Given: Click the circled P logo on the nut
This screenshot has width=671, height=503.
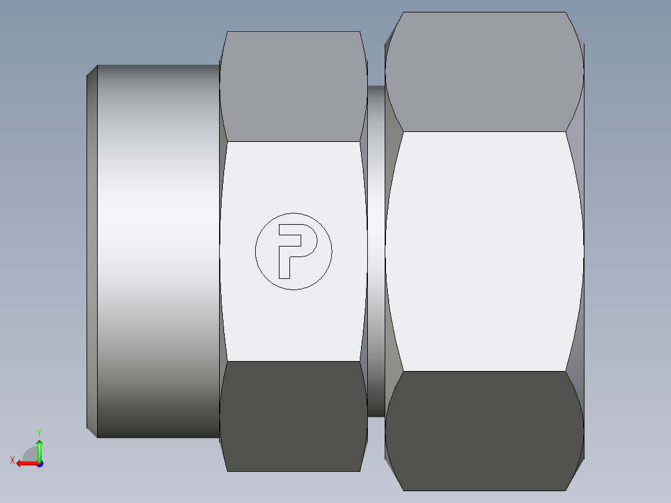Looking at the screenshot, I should [x=293, y=251].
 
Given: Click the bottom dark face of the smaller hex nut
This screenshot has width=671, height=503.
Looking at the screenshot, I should [x=293, y=416].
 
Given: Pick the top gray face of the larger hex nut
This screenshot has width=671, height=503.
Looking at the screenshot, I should [x=484, y=72].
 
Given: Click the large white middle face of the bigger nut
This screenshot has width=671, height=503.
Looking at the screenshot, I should [x=484, y=251].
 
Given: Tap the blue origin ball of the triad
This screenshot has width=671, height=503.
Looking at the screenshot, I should [x=39, y=463].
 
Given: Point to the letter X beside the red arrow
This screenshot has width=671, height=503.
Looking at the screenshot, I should [x=12, y=460].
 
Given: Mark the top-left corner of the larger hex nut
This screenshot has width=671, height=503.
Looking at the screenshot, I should [x=404, y=12].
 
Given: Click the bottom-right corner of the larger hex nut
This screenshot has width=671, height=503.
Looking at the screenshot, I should [x=584, y=459].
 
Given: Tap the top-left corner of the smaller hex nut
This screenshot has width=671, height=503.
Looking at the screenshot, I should [x=228, y=32].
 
